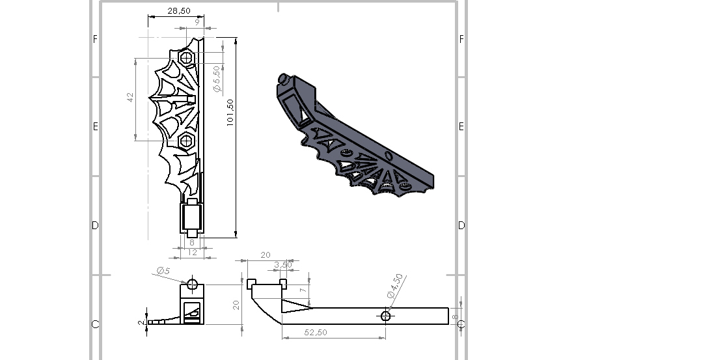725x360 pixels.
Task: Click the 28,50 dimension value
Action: click(x=178, y=10)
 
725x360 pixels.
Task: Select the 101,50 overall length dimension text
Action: click(x=230, y=113)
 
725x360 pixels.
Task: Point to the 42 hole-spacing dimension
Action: click(x=130, y=97)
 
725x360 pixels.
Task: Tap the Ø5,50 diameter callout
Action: click(x=217, y=79)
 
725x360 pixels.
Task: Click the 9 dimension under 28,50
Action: click(x=197, y=21)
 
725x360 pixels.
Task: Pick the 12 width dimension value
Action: click(x=193, y=252)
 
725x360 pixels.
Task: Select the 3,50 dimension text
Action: click(x=283, y=265)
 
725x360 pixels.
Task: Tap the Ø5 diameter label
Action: click(x=163, y=271)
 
